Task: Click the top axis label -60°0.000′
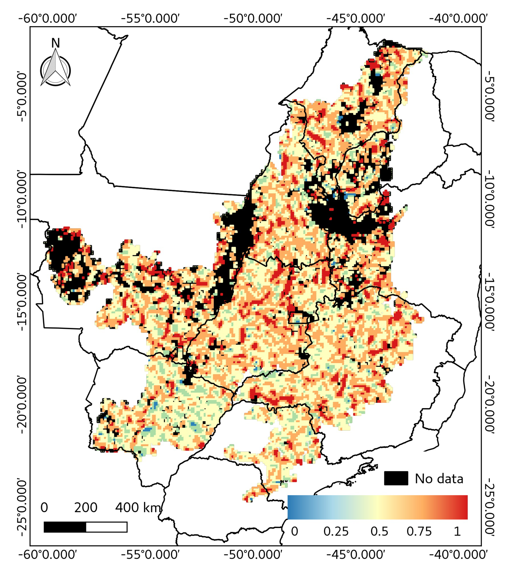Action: [48, 18]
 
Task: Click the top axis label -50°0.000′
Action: [253, 18]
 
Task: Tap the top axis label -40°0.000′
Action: [458, 18]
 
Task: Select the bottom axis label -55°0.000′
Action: [150, 554]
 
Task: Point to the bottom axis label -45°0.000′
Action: [356, 554]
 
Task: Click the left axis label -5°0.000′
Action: [24, 97]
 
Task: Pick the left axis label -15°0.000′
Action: [24, 302]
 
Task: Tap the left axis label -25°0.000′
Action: [24, 507]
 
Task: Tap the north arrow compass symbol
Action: [55, 70]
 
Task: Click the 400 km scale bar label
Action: [138, 507]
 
